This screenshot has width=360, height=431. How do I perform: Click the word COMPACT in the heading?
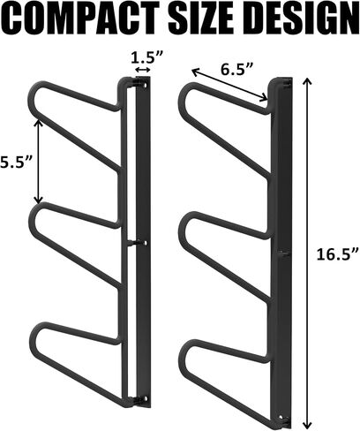pyautogui.click(x=81, y=19)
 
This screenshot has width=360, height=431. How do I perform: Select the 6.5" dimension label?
pyautogui.click(x=236, y=69)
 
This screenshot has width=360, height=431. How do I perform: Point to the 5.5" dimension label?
pyautogui.click(x=16, y=162)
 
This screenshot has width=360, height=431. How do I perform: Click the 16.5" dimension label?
pyautogui.click(x=338, y=253)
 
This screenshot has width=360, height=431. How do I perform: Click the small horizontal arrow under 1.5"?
pyautogui.click(x=143, y=70)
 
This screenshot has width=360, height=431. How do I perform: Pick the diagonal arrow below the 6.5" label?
pyautogui.click(x=229, y=86)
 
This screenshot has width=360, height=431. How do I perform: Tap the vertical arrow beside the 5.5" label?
pyautogui.click(x=38, y=162)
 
